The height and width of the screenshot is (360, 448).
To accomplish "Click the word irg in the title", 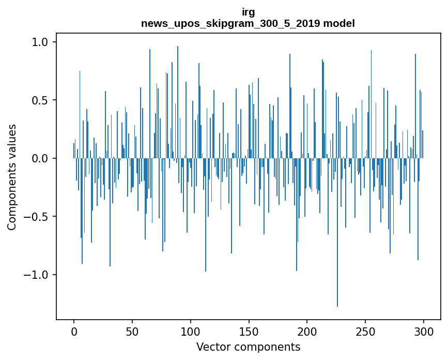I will pyautogui.click(x=248, y=12).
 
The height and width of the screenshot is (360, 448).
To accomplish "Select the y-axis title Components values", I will pyautogui.click(x=12, y=177).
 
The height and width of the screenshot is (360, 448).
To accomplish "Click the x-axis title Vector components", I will pyautogui.click(x=248, y=347).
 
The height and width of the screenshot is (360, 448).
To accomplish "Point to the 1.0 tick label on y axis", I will pyautogui.click(x=39, y=42).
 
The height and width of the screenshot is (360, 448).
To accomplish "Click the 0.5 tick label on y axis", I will pyautogui.click(x=39, y=100).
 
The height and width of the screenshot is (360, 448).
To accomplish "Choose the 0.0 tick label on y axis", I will pyautogui.click(x=39, y=158).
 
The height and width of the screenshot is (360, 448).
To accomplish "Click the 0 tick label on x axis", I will pyautogui.click(x=74, y=331).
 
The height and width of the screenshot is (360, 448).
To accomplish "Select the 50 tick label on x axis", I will pyautogui.click(x=132, y=331).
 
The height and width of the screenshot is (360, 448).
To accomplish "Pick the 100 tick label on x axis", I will pyautogui.click(x=191, y=331).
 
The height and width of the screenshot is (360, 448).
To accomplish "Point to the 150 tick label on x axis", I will pyautogui.click(x=249, y=331).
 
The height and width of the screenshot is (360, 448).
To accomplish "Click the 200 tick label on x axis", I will pyautogui.click(x=307, y=331).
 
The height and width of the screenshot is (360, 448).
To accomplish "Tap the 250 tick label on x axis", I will pyautogui.click(x=365, y=331).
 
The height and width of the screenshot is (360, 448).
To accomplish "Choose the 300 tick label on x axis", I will pyautogui.click(x=424, y=331).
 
